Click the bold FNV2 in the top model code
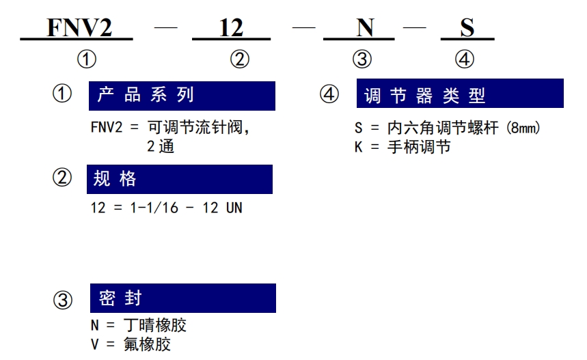pyautogui.click(x=79, y=28)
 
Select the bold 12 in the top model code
pyautogui.click(x=231, y=28)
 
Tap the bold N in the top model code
pyautogui.click(x=365, y=28)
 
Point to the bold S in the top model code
pyautogui.click(x=467, y=28)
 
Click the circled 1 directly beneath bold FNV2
pyautogui.click(x=87, y=59)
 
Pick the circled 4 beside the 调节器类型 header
pyautogui.click(x=329, y=94)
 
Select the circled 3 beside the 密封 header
pyautogui.click(x=62, y=300)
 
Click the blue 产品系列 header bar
pyautogui.click(x=182, y=96)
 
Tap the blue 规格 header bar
pyautogui.click(x=180, y=179)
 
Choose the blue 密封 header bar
pyautogui.click(x=183, y=299)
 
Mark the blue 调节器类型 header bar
pyautogui.click(x=460, y=93)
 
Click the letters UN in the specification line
pyautogui.click(x=234, y=208)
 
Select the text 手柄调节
pyautogui.click(x=419, y=147)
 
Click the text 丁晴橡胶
pyautogui.click(x=155, y=325)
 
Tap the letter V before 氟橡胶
pyautogui.click(x=95, y=344)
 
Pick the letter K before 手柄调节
pyautogui.click(x=359, y=147)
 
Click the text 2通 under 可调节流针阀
pyautogui.click(x=161, y=146)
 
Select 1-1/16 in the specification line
pyautogui.click(x=154, y=208)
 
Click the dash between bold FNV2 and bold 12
pyautogui.click(x=166, y=27)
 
